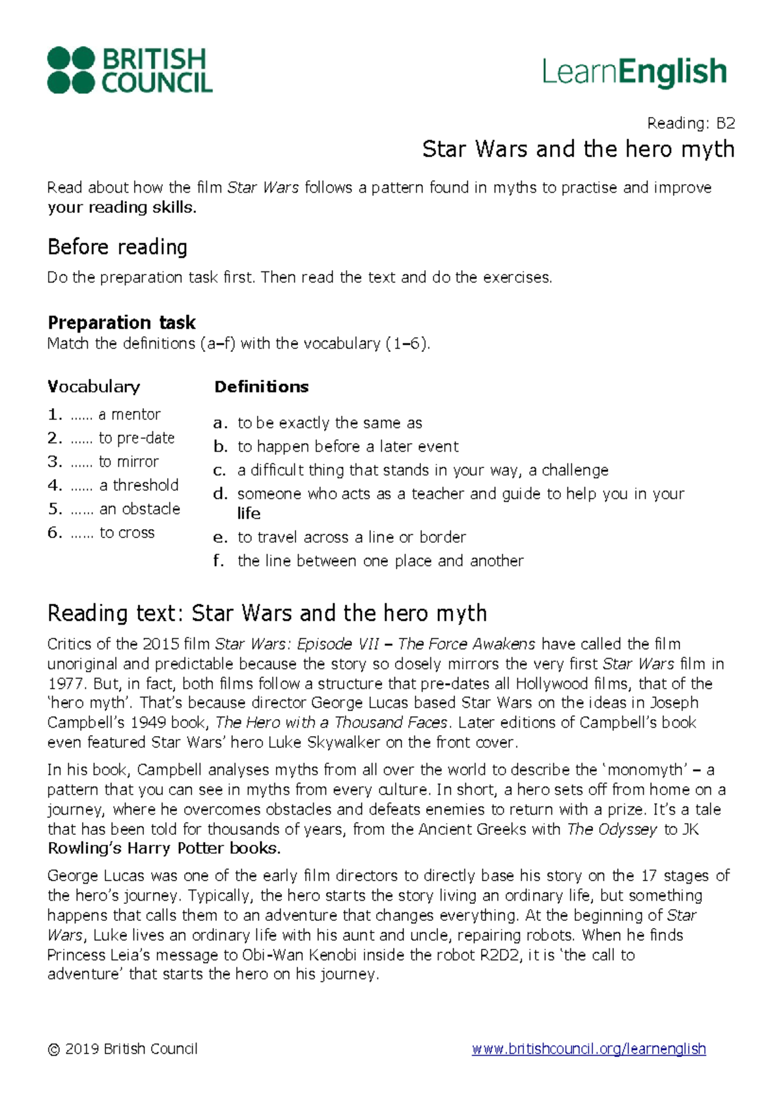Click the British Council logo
pos(130,70)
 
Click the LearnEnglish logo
pos(634,72)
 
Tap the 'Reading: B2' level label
pos(691,123)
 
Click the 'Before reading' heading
pos(117,247)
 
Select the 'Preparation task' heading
pos(122,322)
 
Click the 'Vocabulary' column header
pos(94,387)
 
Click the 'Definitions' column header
pos(261,387)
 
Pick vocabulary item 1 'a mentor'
pos(129,415)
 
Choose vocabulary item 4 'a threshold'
pos(138,485)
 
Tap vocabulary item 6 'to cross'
pos(127,533)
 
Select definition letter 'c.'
pos(219,471)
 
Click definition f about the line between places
pos(380,561)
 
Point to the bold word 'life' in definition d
pos(249,513)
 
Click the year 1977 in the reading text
pos(65,684)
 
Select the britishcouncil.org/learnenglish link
pos(588,1049)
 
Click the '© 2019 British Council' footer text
pos(122,1049)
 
